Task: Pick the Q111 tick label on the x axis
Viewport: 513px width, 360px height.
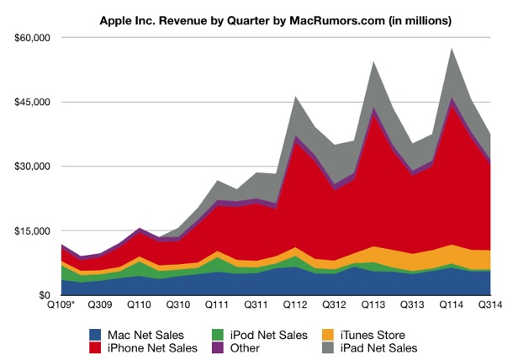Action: (218, 306)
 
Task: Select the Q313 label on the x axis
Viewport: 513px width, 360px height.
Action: (412, 306)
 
